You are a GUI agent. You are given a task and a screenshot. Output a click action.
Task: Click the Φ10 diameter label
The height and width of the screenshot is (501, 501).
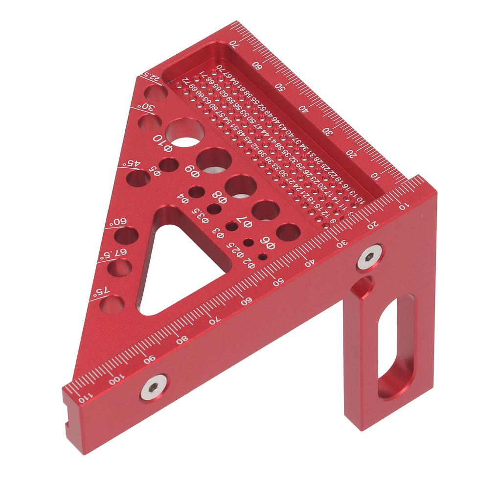point(163,141)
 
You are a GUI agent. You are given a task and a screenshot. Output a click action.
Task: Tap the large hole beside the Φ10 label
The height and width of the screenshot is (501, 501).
point(185,132)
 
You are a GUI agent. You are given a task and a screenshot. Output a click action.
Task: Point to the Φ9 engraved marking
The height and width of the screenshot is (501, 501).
point(192,170)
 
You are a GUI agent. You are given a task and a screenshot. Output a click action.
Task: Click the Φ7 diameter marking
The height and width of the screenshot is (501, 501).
point(244,221)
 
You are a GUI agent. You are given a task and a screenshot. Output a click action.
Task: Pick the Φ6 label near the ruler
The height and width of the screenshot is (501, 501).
point(267,242)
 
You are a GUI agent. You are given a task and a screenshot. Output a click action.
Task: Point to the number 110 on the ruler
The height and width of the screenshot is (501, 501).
point(82,399)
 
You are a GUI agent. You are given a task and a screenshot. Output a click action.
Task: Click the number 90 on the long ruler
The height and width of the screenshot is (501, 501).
point(149,359)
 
